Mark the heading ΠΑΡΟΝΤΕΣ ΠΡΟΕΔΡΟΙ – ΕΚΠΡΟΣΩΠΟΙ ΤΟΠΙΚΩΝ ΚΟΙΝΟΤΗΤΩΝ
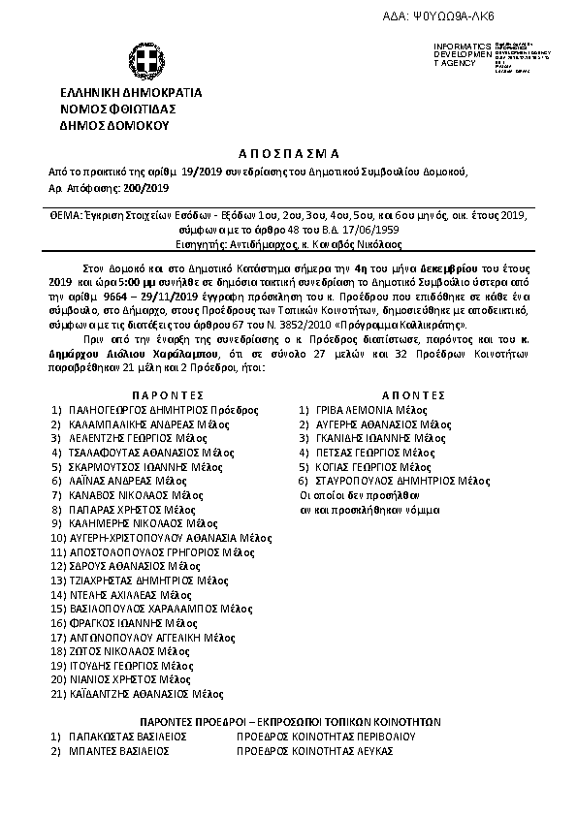pyautogui.click(x=290, y=722)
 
